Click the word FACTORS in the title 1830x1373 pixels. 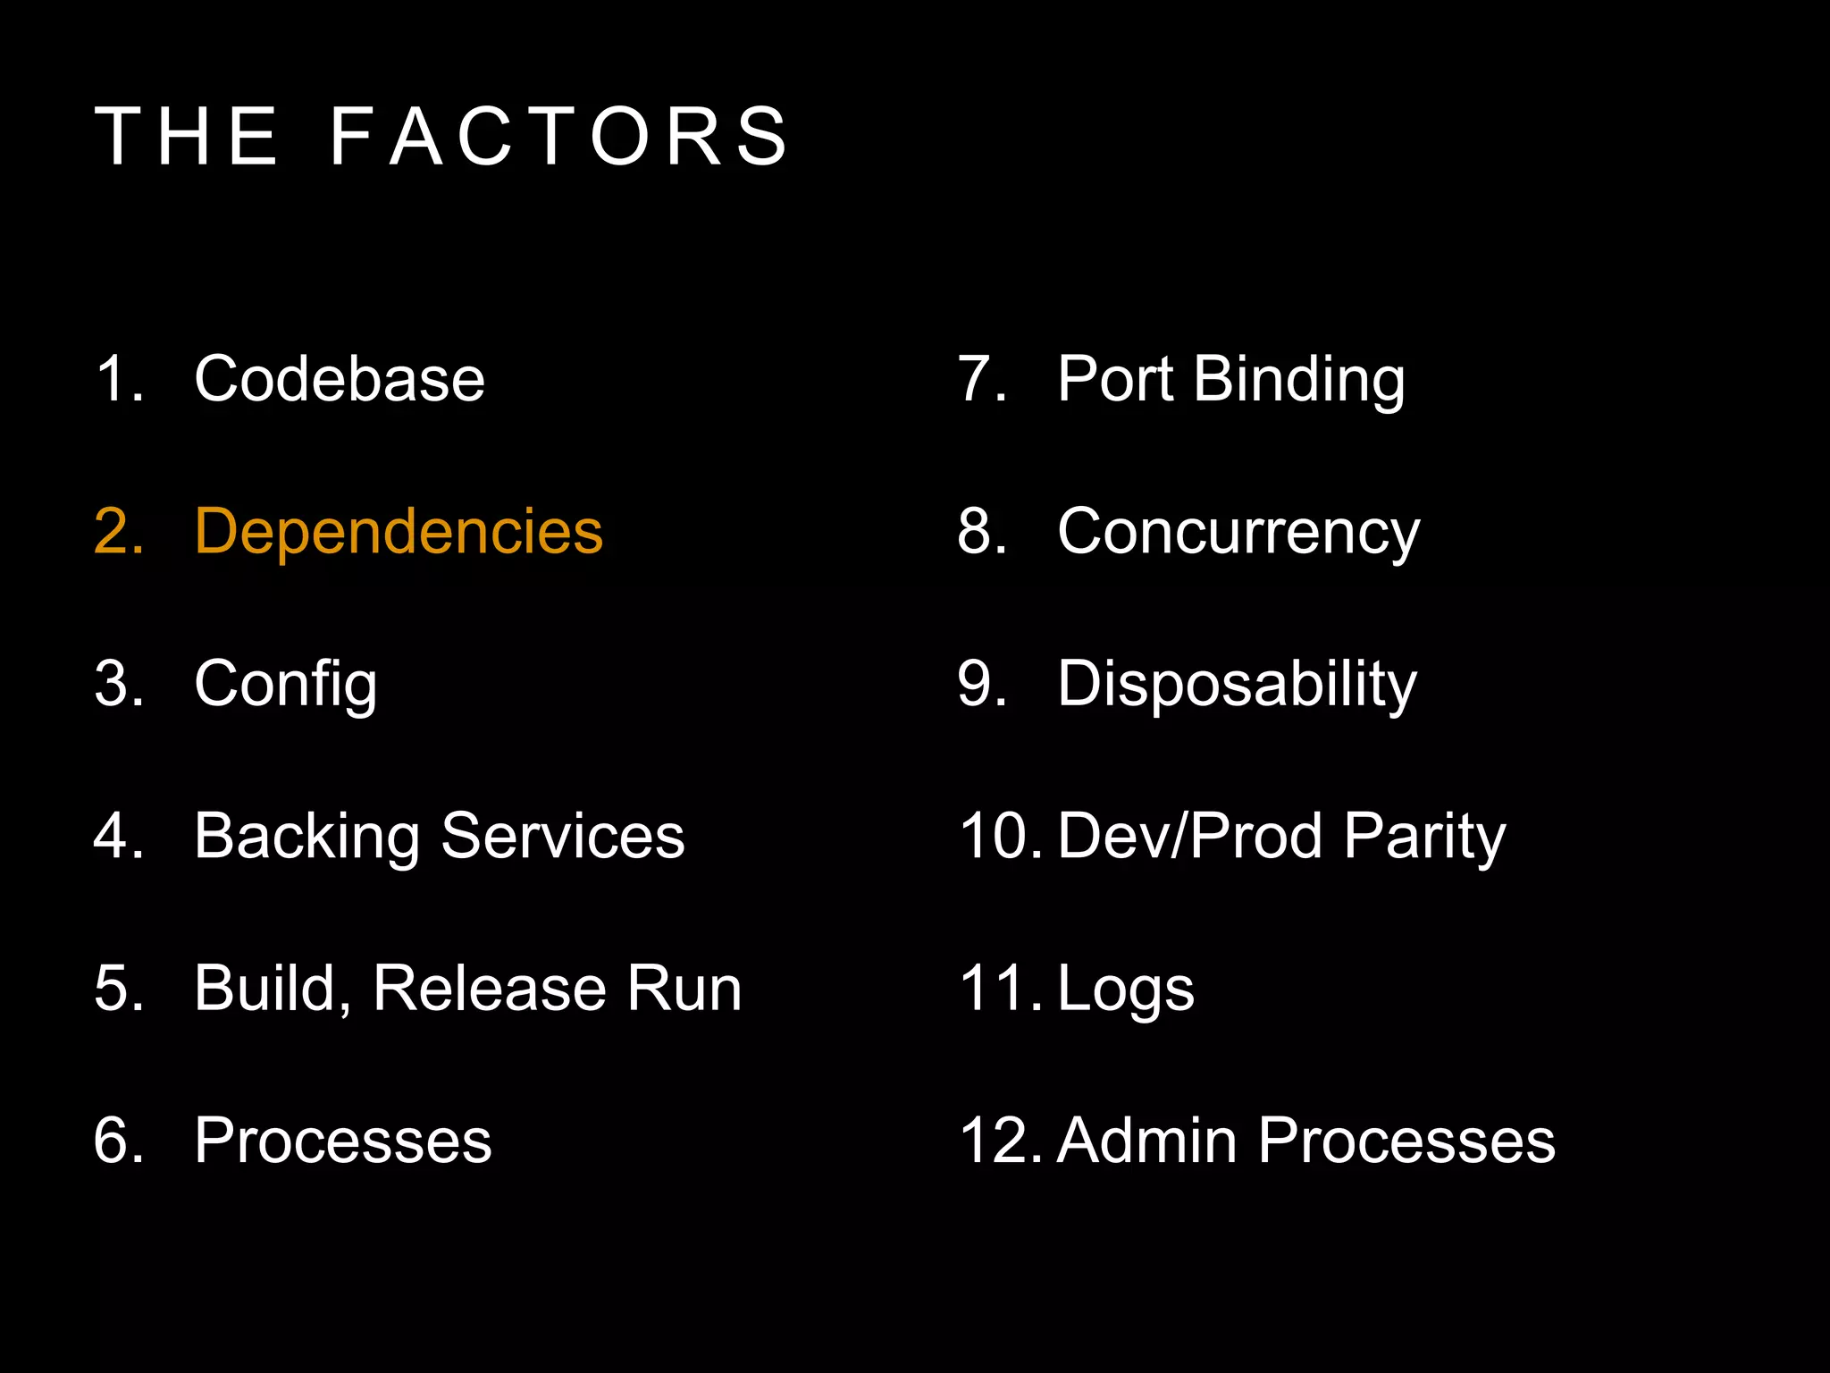pyautogui.click(x=559, y=137)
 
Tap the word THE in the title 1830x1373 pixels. pyautogui.click(x=187, y=137)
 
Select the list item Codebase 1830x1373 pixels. pyautogui.click(x=340, y=379)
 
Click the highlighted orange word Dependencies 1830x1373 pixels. pyautogui.click(x=399, y=532)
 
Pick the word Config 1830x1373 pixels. pyautogui.click(x=286, y=685)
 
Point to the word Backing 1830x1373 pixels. pyautogui.click(x=306, y=838)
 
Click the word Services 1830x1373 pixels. pyautogui.click(x=563, y=837)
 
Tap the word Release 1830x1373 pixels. pyautogui.click(x=489, y=989)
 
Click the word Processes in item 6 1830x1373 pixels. pyautogui.click(x=343, y=1141)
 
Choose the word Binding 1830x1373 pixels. pyautogui.click(x=1299, y=380)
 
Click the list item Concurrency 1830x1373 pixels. pyautogui.click(x=1238, y=533)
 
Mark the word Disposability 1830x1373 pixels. pyautogui.click(x=1238, y=685)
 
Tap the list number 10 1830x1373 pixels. pyautogui.click(x=999, y=837)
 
